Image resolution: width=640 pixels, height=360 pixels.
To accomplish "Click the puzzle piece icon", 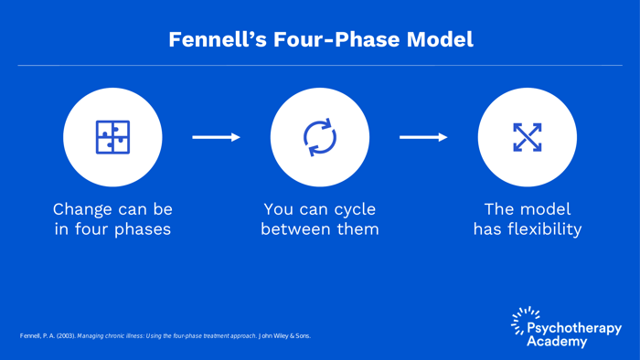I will (112, 137).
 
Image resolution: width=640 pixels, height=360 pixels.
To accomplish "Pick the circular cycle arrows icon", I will (320, 137).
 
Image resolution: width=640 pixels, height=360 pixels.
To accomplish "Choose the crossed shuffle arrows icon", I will (528, 137).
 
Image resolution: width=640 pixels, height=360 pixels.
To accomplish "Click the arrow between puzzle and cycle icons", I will (216, 137).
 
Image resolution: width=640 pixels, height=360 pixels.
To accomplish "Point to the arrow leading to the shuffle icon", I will (423, 137).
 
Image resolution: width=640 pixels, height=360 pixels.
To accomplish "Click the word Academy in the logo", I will (557, 342).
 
